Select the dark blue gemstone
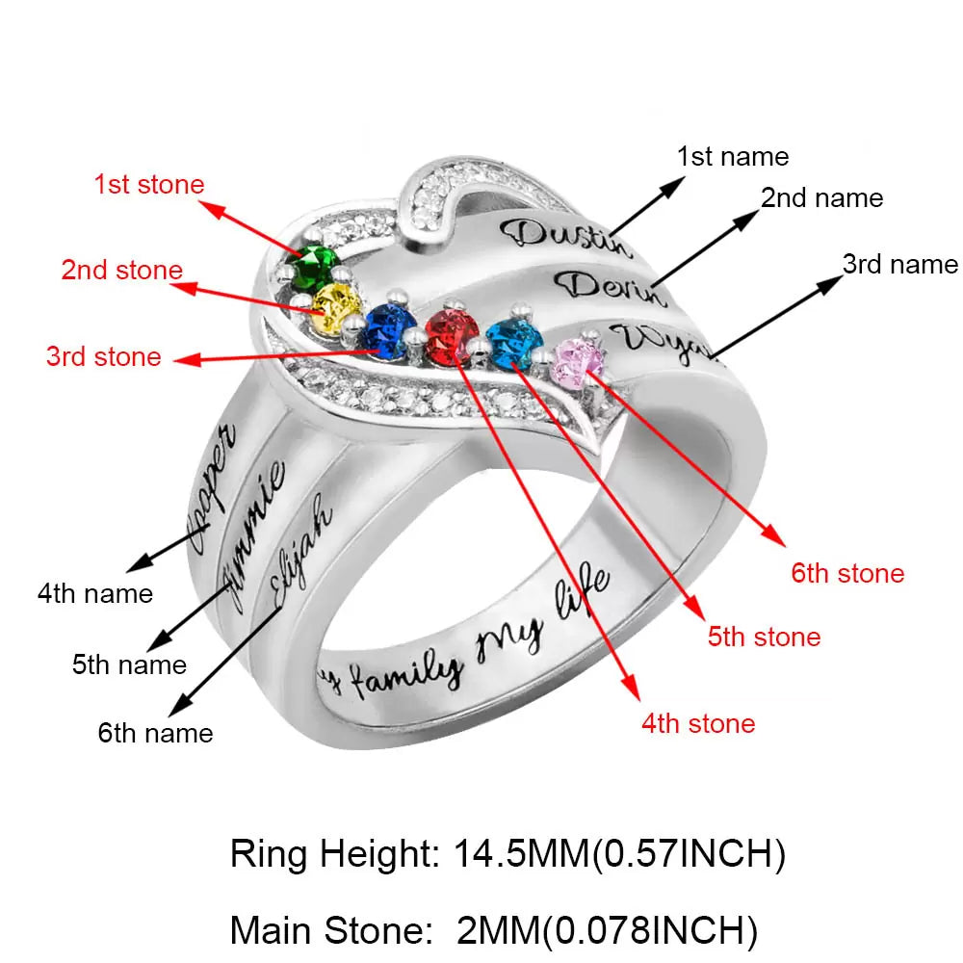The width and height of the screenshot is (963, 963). point(386,330)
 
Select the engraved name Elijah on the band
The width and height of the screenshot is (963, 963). point(301,552)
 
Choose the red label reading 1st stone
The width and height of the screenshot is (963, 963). point(148,184)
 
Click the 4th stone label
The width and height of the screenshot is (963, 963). point(698,723)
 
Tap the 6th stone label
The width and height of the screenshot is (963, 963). point(847,574)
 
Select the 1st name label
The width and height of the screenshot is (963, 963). point(732,156)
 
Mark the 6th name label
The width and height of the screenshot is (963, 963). point(155,733)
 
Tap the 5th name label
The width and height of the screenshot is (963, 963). point(129,664)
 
